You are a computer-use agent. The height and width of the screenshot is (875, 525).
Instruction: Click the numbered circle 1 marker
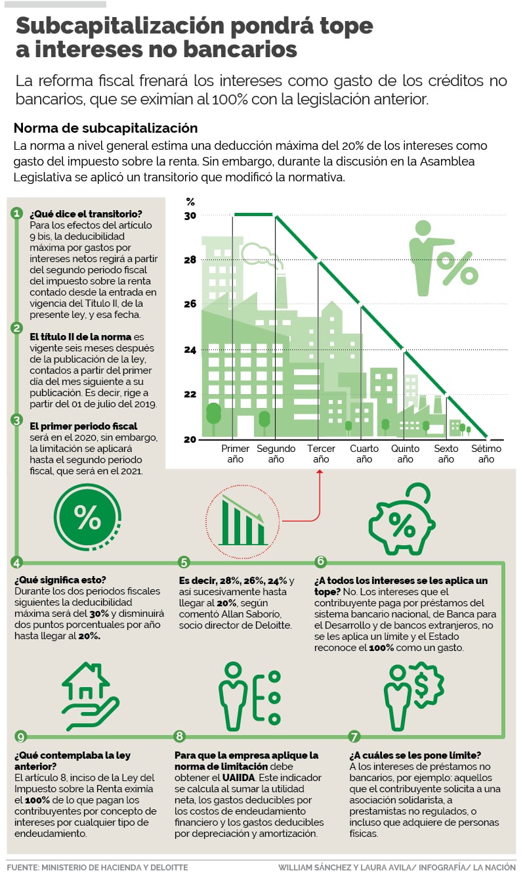[17, 213]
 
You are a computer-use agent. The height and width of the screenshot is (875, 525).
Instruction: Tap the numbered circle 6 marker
[320, 562]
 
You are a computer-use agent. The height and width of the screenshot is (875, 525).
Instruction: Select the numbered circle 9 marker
[20, 736]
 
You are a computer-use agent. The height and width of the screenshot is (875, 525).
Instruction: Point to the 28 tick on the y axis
[190, 260]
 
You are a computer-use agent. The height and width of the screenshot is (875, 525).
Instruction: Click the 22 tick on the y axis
[190, 394]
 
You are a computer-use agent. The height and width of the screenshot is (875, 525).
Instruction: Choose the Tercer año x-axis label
[321, 454]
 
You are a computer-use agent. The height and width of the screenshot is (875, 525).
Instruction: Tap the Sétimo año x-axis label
[486, 454]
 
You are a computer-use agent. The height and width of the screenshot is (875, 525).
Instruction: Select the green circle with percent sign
[87, 518]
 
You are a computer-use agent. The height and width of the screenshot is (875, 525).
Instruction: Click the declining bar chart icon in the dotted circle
[243, 519]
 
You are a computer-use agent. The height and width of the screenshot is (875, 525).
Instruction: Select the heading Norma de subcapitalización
[105, 128]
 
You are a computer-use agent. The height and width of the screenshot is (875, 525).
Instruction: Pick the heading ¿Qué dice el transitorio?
[86, 214]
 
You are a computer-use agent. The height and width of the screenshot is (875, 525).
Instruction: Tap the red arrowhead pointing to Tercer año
[321, 472]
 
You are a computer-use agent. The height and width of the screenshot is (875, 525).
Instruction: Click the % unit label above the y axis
[190, 202]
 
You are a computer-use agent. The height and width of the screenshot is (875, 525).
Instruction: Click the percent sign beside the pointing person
[457, 267]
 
